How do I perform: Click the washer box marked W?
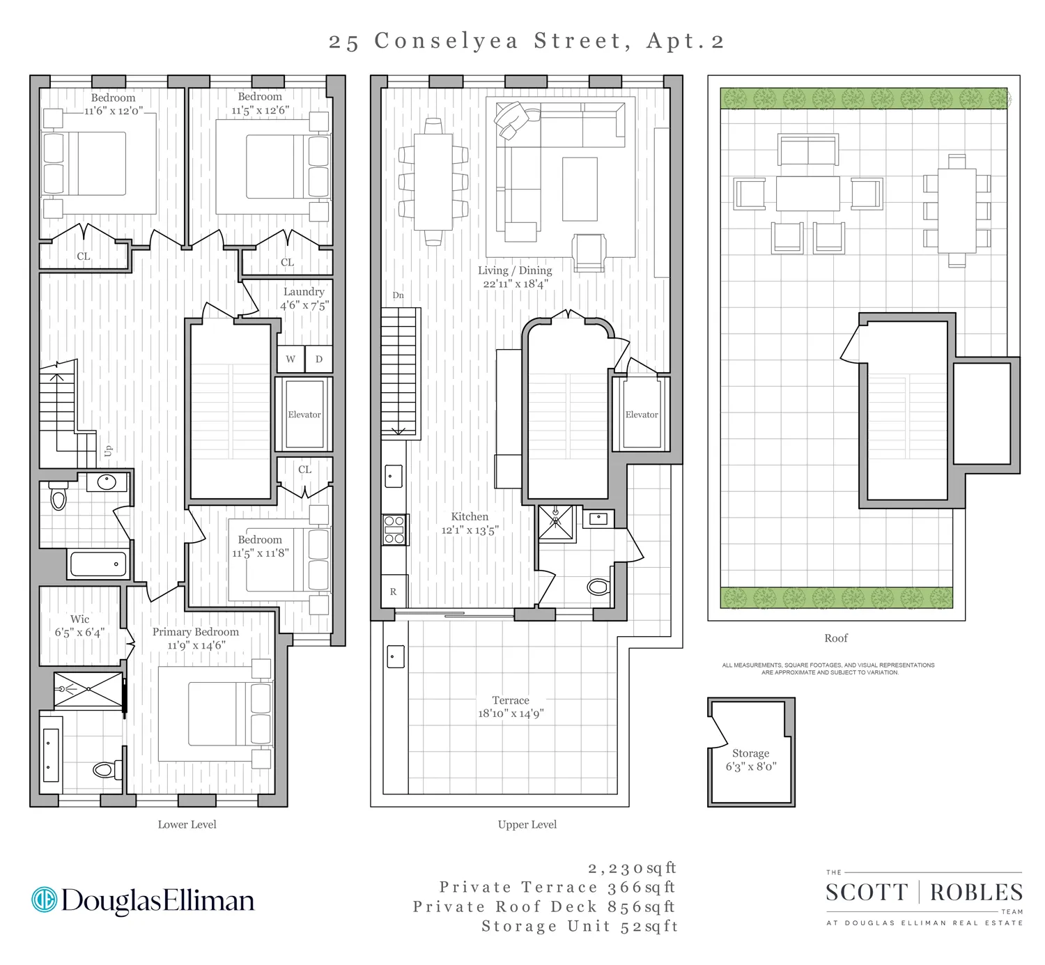tap(291, 360)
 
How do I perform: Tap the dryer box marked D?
tap(319, 360)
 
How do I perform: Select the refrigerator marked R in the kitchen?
tap(394, 592)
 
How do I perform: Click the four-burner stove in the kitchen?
tap(394, 530)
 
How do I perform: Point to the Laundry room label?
tap(304, 292)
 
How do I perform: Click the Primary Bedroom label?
tap(196, 632)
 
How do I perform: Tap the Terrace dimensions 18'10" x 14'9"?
tap(511, 713)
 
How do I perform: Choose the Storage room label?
tap(750, 753)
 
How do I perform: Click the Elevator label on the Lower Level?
tap(304, 415)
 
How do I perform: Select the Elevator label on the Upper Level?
tap(642, 415)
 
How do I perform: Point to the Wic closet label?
tap(79, 619)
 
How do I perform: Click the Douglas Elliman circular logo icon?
tap(44, 900)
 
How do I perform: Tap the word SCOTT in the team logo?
tap(867, 893)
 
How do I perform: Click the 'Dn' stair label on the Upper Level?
tap(398, 295)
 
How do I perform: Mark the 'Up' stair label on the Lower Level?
tap(108, 451)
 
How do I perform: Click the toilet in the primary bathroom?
tap(104, 769)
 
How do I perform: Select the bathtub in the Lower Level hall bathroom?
tap(98, 564)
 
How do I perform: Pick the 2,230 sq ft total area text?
tap(631, 868)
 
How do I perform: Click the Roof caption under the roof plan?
tap(836, 638)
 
